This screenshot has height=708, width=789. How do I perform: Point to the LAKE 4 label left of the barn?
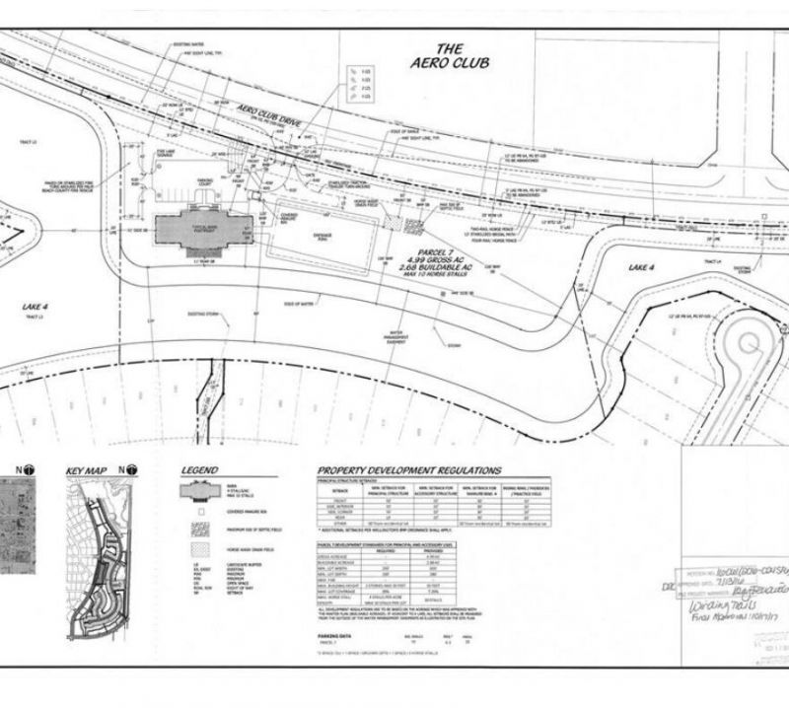click(36, 307)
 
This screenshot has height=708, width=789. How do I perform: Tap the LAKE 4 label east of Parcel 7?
click(642, 266)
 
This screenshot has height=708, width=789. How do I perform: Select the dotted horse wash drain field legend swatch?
click(197, 554)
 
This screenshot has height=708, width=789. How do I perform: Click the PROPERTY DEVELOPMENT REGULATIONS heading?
click(409, 470)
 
